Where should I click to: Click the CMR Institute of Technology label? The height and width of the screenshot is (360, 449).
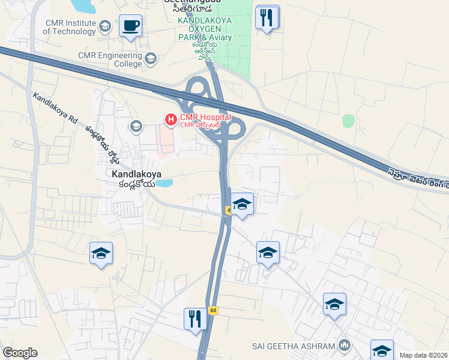coord(70,27)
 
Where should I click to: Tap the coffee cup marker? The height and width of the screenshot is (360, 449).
coord(130,26)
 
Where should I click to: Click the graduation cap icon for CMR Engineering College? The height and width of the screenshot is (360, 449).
coord(150,59)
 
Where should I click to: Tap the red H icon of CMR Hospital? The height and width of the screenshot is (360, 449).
coord(171,120)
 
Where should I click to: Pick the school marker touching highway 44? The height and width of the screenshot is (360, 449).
coord(241,203)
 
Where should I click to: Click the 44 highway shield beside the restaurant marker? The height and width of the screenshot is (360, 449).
coord(212,310)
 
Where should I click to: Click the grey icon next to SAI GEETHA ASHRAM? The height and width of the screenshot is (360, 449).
coord(345,346)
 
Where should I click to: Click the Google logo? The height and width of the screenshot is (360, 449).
coord(20,353)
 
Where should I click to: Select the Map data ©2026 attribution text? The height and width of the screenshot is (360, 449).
coord(423,355)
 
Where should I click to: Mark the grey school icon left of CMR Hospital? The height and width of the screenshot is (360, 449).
coord(136,126)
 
